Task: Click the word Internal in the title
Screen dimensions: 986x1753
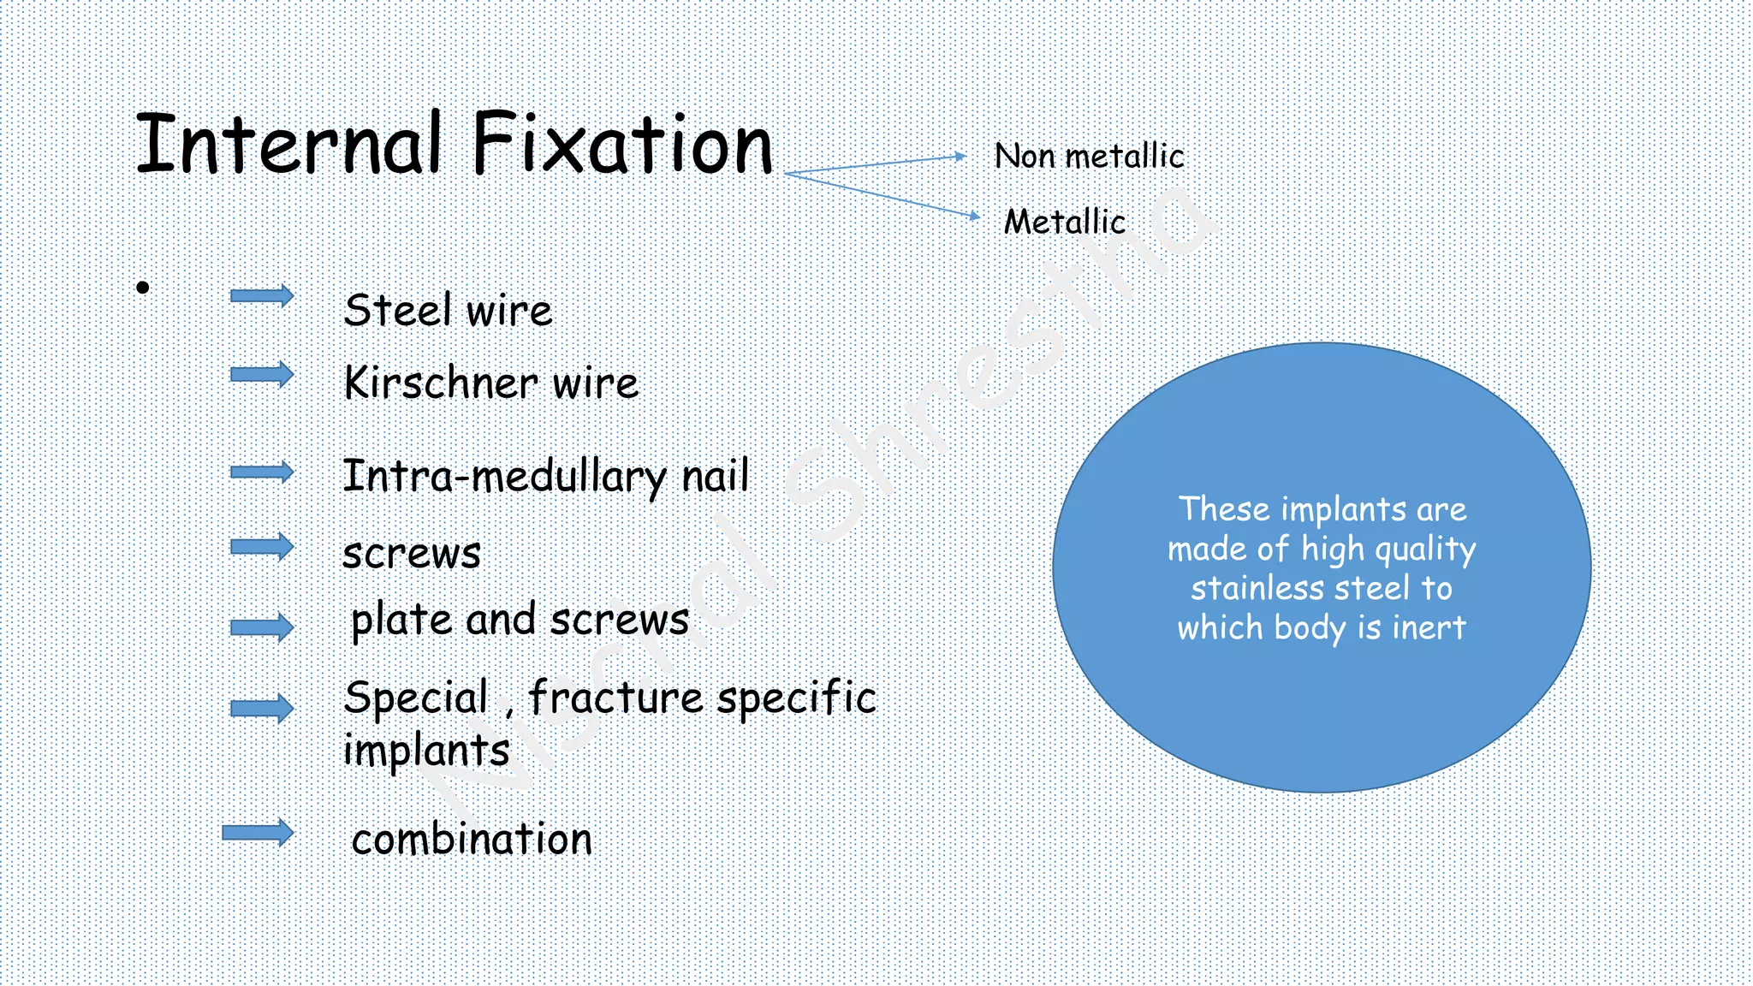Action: (x=289, y=144)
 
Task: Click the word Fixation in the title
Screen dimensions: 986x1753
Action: (x=622, y=144)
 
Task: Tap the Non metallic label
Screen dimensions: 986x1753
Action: (x=1089, y=157)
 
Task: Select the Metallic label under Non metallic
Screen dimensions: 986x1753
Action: (x=1064, y=223)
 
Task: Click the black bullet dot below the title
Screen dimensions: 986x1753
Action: (x=143, y=288)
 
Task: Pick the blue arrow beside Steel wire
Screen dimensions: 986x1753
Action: (x=262, y=296)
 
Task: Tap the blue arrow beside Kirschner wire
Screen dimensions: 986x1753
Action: (x=262, y=374)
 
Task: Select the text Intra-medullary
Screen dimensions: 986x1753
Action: (x=504, y=477)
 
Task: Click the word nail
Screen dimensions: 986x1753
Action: (x=715, y=476)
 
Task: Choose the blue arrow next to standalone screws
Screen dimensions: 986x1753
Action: (x=262, y=547)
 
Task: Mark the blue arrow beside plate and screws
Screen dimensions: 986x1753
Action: (x=262, y=627)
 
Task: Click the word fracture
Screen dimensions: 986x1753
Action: (x=615, y=698)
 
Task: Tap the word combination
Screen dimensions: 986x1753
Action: (x=472, y=839)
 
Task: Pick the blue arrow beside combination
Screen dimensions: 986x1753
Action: (x=258, y=832)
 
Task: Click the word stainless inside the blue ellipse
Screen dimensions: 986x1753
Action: (x=1257, y=589)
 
